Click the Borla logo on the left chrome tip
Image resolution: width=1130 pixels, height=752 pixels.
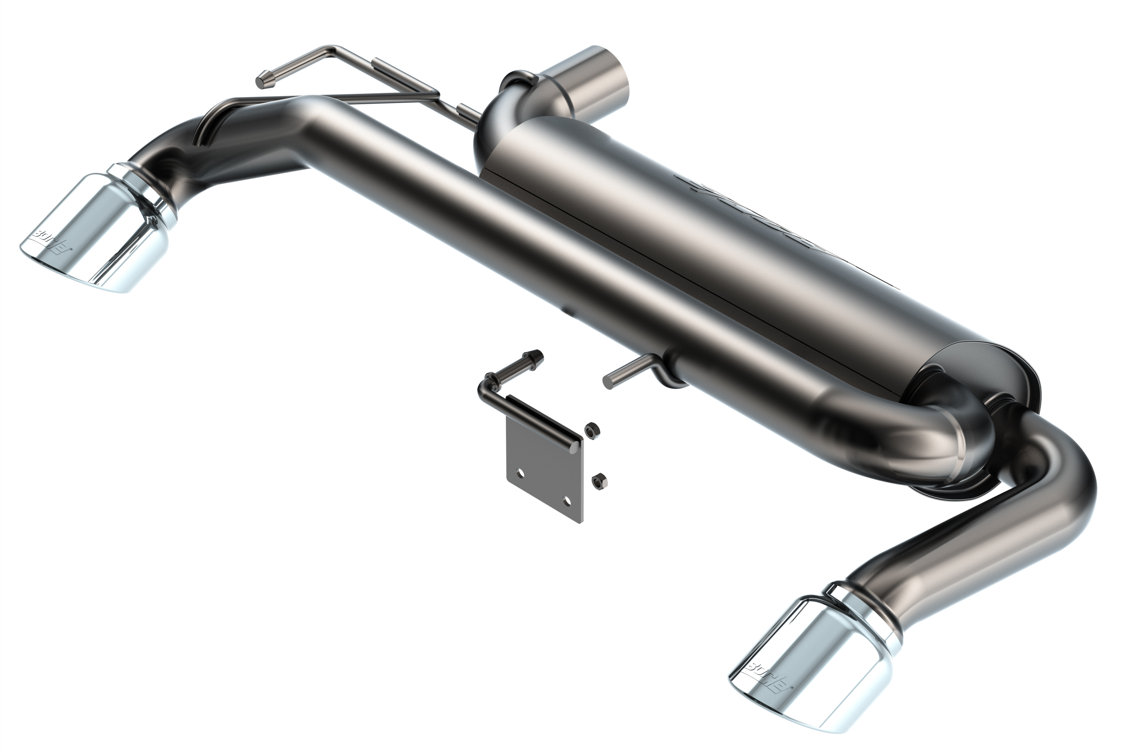coord(52,242)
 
